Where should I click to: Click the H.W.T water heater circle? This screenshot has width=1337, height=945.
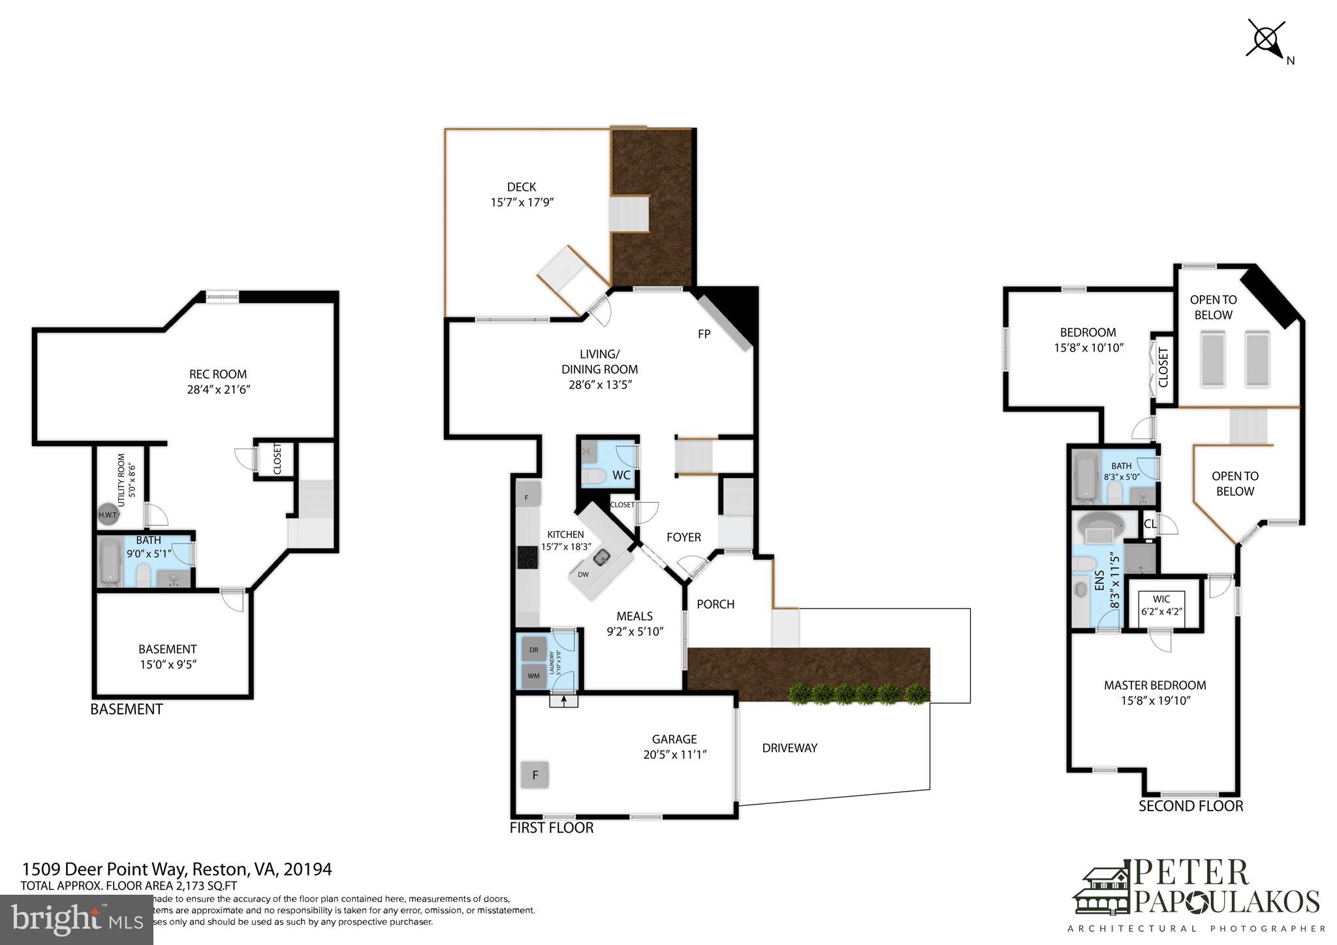click(107, 515)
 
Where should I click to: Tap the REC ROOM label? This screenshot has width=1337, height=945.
click(218, 374)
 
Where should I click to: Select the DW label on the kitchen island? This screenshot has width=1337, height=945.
click(583, 575)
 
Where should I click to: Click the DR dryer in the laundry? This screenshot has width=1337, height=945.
click(534, 650)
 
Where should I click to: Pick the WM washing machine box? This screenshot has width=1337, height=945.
click(534, 676)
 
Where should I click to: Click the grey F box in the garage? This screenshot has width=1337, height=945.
click(535, 775)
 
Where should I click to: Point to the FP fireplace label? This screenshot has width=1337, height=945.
click(704, 334)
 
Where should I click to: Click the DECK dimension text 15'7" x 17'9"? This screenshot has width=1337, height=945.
click(522, 202)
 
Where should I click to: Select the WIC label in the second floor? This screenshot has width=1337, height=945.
click(1161, 599)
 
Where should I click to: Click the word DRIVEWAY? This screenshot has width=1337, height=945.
click(789, 748)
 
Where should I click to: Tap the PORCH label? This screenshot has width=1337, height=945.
click(716, 604)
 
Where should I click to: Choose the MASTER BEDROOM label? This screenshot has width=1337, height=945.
click(1154, 685)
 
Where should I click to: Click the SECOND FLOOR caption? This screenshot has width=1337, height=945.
click(1190, 806)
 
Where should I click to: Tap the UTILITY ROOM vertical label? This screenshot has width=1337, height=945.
click(121, 480)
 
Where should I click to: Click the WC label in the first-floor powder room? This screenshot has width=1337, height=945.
click(621, 475)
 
